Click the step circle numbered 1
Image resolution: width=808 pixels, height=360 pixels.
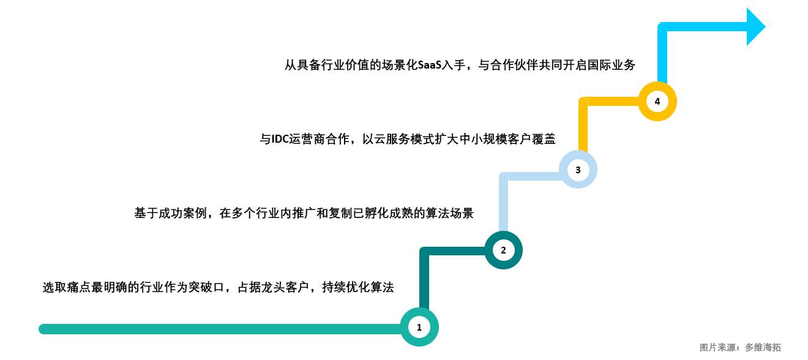point(419,328)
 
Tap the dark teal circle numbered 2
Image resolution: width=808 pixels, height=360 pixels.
point(503,250)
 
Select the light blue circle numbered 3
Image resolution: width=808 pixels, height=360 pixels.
point(578,170)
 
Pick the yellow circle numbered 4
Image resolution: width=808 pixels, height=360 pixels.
point(657,102)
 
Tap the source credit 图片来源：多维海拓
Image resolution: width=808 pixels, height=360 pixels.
point(740,347)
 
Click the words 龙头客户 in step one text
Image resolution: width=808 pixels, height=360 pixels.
point(290,287)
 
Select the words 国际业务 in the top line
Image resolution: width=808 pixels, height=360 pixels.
point(615,65)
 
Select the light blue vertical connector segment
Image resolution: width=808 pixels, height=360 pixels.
point(504,205)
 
